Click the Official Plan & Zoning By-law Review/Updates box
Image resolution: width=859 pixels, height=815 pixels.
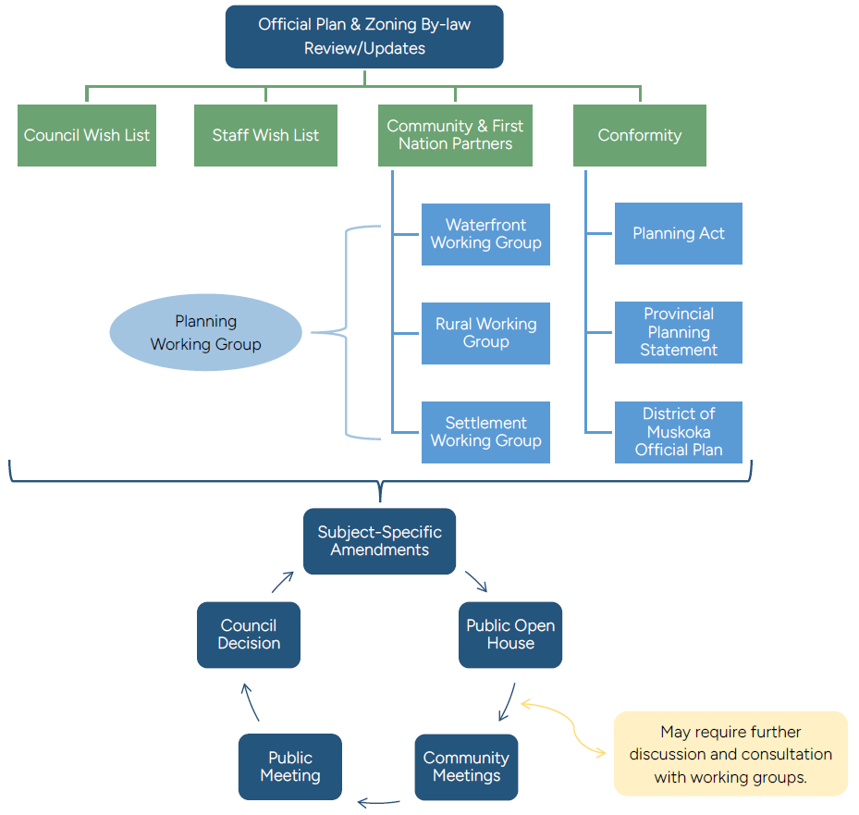coord(364,37)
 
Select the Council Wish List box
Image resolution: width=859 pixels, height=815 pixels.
coord(87,135)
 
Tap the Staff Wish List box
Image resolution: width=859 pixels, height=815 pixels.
coord(265,135)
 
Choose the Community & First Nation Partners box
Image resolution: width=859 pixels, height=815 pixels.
coord(455,135)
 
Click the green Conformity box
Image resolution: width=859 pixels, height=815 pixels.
coord(639,135)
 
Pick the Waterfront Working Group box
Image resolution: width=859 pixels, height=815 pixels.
coord(485,234)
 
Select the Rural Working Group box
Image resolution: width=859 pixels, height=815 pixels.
coord(485,333)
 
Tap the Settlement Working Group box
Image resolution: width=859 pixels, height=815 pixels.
coord(485,432)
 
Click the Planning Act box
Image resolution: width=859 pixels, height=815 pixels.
coord(678,234)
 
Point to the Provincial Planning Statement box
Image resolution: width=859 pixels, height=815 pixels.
coord(678,332)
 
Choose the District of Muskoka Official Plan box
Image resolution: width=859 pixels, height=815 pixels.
coord(678,432)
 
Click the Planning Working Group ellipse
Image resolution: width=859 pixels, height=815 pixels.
coord(205,333)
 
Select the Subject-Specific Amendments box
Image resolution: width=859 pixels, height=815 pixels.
coord(379,541)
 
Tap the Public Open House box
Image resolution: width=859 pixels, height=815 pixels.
coord(510,635)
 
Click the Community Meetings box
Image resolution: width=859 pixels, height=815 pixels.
coord(466,767)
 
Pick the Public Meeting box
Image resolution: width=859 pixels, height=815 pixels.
coord(289,767)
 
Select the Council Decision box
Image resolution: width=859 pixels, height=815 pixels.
coord(249,635)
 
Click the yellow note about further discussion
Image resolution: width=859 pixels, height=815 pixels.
coord(730,754)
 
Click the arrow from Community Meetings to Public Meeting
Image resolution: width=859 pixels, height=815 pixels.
coord(378,802)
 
